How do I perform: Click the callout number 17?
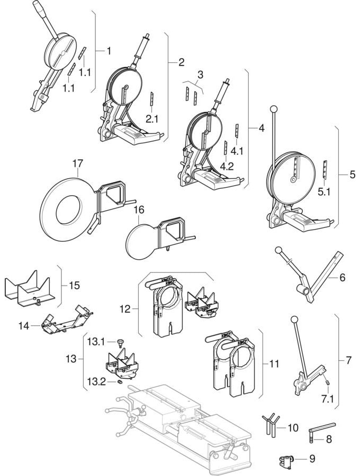pyautogui.click(x=77, y=163)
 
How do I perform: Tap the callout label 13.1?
pyautogui.click(x=96, y=342)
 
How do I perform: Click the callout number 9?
pyautogui.click(x=312, y=459)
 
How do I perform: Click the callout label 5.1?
pyautogui.click(x=324, y=191)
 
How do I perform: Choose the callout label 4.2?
pyautogui.click(x=227, y=166)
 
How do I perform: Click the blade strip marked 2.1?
pyautogui.click(x=151, y=99)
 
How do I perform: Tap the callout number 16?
pyautogui.click(x=138, y=210)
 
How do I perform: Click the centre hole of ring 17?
pyautogui.click(x=69, y=210)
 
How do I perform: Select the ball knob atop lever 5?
pyautogui.click(x=274, y=108)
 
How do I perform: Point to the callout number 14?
pyautogui.click(x=24, y=326)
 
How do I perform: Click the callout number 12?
pyautogui.click(x=125, y=309)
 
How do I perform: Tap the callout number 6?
pyautogui.click(x=343, y=277)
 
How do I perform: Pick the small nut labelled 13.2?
pyautogui.click(x=120, y=381)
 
